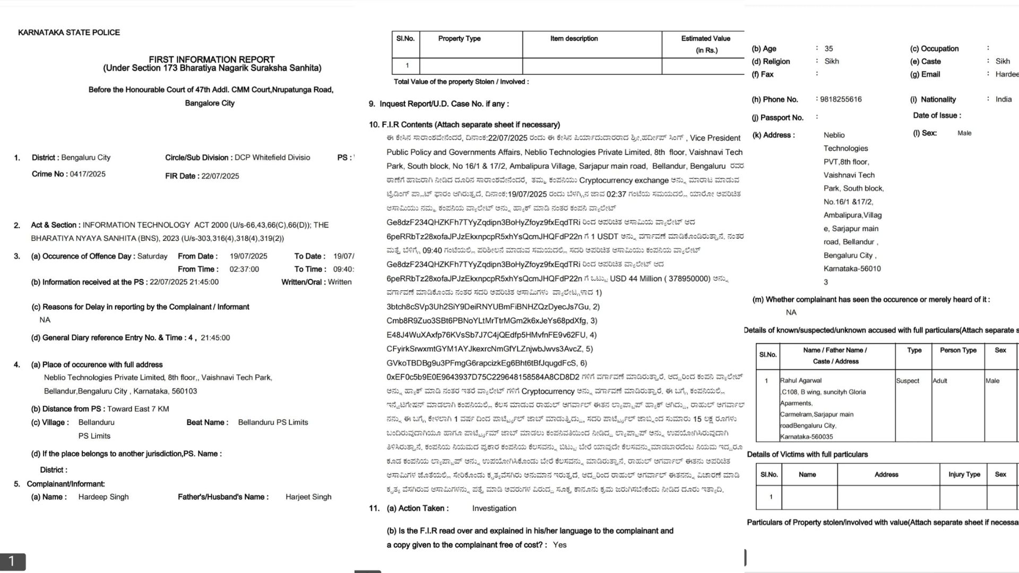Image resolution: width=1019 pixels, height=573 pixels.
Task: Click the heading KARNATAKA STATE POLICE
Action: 69,32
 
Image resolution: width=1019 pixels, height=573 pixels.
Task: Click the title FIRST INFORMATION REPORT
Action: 212,59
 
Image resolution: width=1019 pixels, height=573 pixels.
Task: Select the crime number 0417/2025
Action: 88,174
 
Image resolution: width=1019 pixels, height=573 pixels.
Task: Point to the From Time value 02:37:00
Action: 244,270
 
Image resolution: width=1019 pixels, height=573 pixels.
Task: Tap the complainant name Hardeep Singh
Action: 103,497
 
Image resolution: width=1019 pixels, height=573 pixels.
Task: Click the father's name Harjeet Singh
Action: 308,497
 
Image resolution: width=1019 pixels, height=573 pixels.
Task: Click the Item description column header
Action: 574,39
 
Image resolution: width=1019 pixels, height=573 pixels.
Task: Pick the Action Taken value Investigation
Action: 494,508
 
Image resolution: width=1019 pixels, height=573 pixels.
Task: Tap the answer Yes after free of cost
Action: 559,545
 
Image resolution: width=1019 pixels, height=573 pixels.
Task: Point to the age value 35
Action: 828,48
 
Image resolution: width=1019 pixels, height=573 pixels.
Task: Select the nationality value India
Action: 1004,99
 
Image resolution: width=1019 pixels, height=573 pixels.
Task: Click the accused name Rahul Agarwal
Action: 801,380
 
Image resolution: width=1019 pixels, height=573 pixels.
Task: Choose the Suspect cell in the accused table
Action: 908,381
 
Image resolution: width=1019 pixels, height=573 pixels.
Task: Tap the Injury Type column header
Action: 964,474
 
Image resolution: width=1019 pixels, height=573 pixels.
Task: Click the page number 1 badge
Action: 12,561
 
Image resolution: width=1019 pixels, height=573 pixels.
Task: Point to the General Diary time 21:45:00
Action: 215,338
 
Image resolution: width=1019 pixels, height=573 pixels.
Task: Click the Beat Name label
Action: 207,422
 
